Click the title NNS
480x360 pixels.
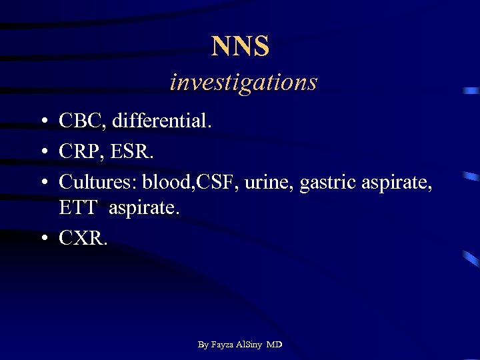(240, 47)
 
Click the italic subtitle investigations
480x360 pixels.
(243, 82)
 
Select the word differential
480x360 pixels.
(161, 121)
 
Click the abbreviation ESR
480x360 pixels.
(133, 151)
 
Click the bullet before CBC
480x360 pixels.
(42, 122)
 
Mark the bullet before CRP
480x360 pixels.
(42, 152)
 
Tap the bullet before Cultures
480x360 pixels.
(42, 182)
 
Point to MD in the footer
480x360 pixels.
(273, 345)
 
